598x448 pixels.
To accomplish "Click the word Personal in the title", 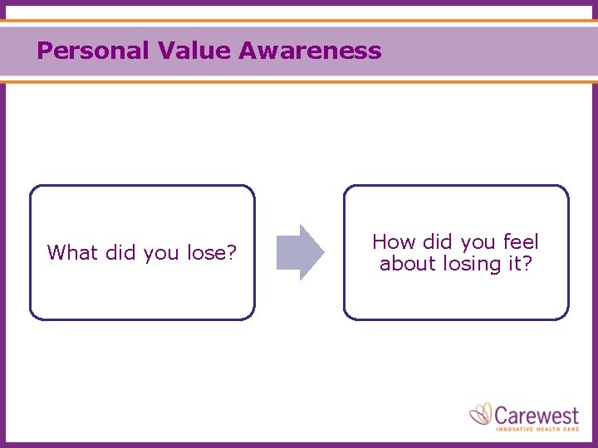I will click(x=92, y=51).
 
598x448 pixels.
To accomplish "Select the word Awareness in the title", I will click(x=310, y=51).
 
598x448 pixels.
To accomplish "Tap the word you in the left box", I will click(x=161, y=253).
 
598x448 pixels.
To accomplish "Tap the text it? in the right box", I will click(x=518, y=264).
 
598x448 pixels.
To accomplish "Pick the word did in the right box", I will click(x=439, y=242).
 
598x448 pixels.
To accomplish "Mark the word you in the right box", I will click(x=478, y=243).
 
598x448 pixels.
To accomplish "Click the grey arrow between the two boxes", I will click(x=300, y=252).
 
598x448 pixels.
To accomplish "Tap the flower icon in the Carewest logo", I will click(x=481, y=414).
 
